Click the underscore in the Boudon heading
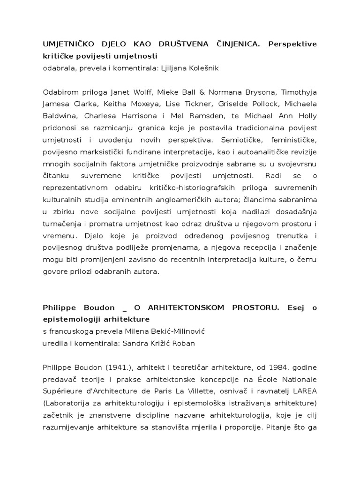pos(124,307)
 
